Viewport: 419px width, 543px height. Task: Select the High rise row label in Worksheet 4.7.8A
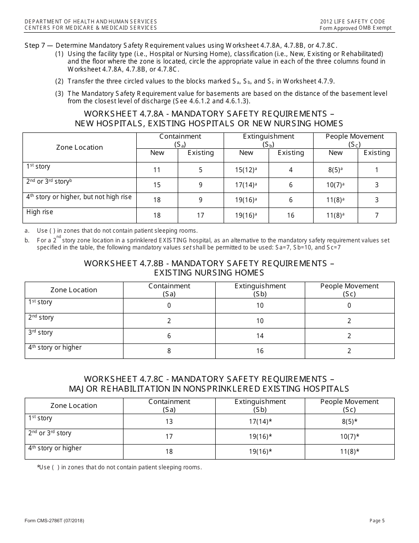[40, 212]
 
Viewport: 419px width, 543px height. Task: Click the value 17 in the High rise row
[200, 215]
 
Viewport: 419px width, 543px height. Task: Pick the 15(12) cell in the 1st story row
[246, 170]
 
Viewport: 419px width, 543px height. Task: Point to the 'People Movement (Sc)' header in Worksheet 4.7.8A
[355, 140]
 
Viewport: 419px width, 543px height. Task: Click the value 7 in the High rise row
[377, 215]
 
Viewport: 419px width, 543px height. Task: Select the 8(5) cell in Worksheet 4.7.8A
[335, 170]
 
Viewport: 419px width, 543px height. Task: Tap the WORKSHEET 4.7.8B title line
[209, 264]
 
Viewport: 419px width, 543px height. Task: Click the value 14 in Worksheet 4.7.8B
[260, 336]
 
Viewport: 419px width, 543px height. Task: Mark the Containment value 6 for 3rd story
[169, 336]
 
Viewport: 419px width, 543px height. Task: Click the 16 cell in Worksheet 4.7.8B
[260, 351]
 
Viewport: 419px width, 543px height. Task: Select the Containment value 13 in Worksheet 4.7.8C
[169, 422]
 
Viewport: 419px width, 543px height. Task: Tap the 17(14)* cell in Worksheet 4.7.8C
[260, 422]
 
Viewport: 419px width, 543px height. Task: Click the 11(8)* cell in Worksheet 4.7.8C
[349, 452]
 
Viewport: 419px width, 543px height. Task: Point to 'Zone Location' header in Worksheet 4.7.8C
[74, 406]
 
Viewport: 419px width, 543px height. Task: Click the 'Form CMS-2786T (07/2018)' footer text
[54, 521]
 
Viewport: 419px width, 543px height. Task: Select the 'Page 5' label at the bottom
[377, 521]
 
